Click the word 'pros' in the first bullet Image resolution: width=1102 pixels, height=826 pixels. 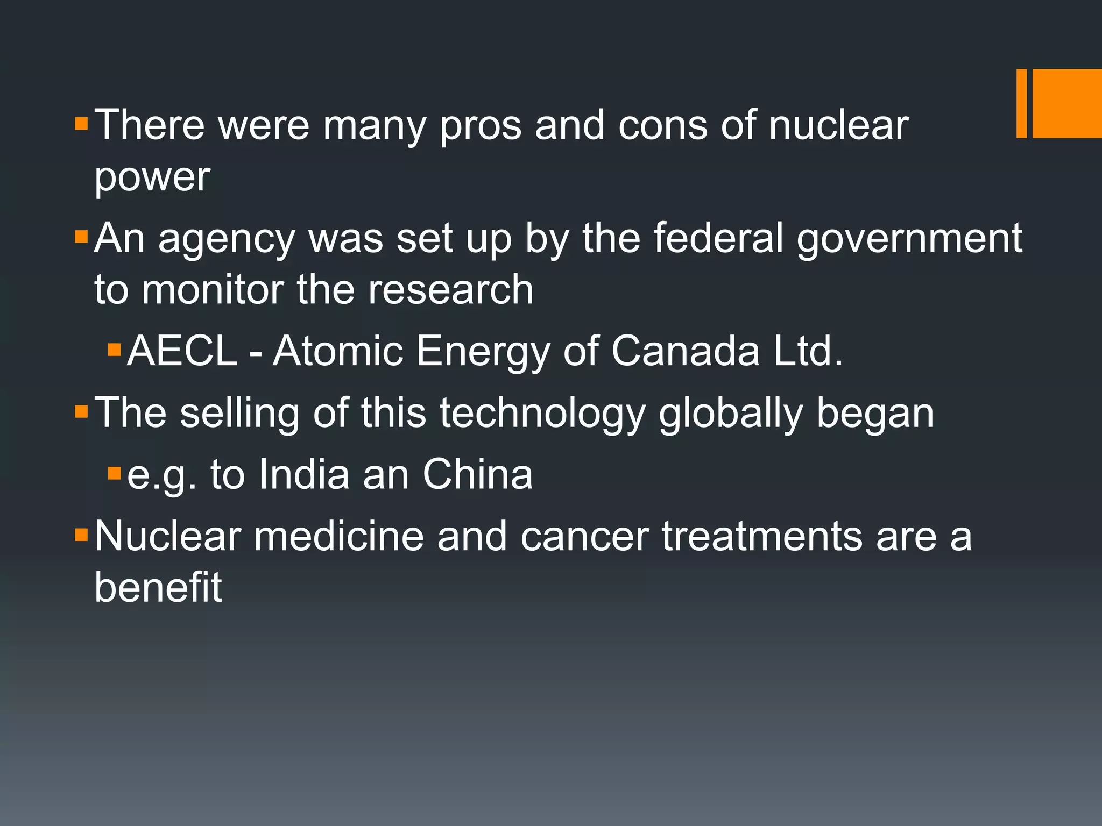pos(481,127)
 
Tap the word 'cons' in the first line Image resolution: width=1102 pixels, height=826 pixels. pos(663,126)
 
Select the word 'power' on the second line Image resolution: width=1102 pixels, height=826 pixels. pos(152,177)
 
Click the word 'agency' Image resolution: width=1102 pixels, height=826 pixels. pos(226,240)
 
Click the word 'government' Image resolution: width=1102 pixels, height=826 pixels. pos(909,240)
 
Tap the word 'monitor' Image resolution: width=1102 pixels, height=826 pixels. pos(213,290)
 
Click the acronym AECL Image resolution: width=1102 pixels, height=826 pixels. pos(182,351)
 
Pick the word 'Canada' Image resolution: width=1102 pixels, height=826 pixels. pos(685,351)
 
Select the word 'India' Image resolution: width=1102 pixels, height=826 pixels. pos(303,474)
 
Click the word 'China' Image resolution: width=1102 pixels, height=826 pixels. pos(477,474)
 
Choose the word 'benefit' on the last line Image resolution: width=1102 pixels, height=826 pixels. pos(158,587)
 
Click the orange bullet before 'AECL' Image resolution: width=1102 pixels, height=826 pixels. pos(114,351)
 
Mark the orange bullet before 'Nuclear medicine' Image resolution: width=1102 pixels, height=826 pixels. pos(81,535)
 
